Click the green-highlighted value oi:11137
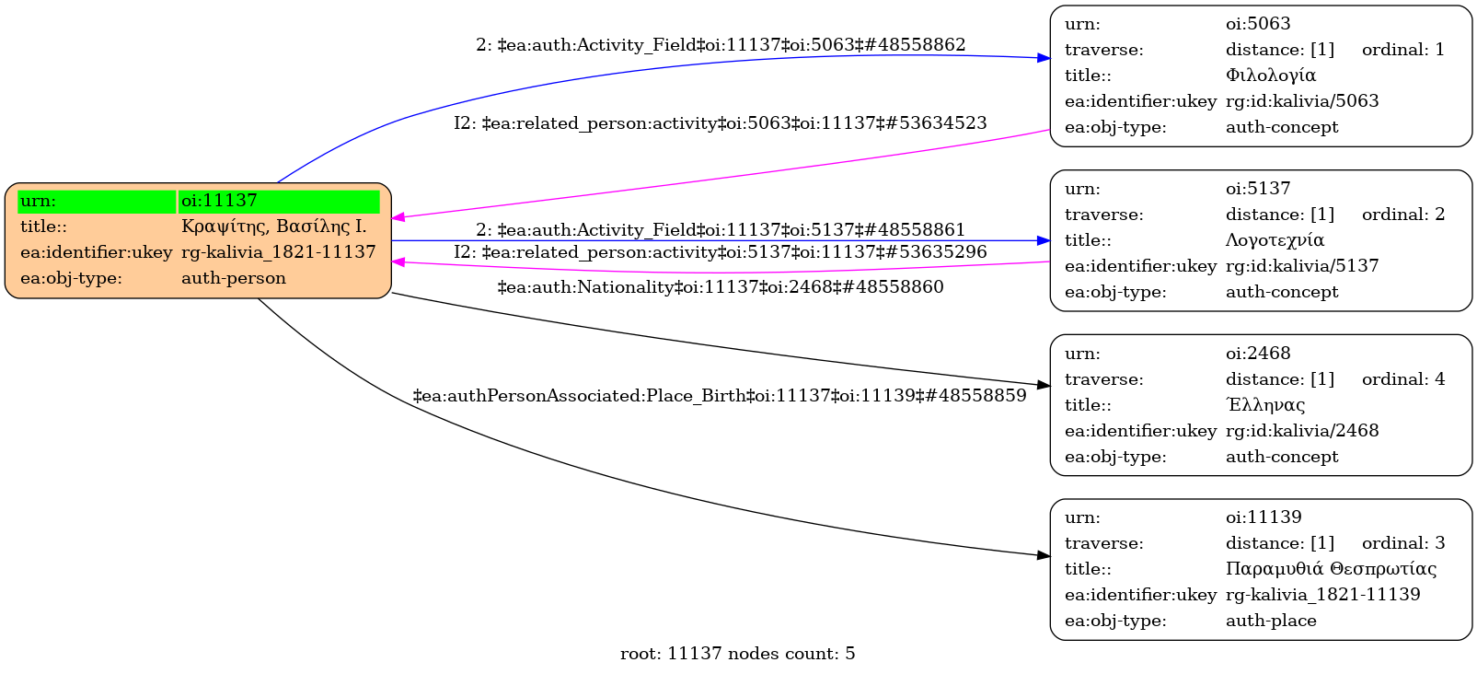click(219, 201)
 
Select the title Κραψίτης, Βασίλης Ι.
click(273, 227)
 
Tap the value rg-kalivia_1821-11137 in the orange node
click(278, 252)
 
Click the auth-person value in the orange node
click(234, 278)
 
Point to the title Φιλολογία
click(1270, 76)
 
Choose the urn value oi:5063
click(1257, 24)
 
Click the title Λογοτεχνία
click(1275, 240)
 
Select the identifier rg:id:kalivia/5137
click(1302, 266)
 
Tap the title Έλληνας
click(1265, 405)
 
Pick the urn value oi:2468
click(1257, 354)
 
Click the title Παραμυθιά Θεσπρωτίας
click(1331, 569)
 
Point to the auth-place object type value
click(1271, 621)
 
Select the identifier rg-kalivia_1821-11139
click(1322, 595)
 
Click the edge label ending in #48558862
click(721, 44)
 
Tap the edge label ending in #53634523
click(720, 123)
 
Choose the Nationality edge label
click(721, 287)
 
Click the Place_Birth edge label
click(720, 396)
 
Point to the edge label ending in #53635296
click(720, 252)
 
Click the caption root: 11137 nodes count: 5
click(737, 654)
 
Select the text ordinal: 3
click(1402, 543)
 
